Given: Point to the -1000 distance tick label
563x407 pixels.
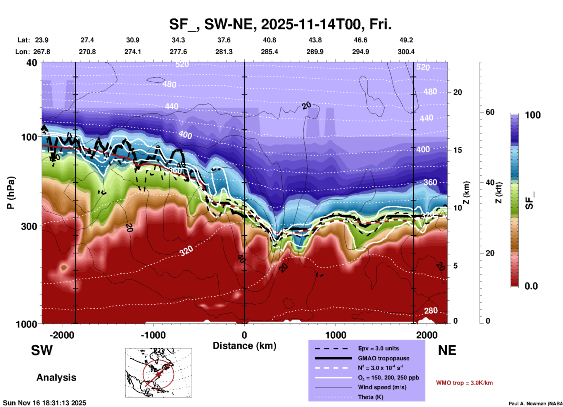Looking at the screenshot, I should pos(153,335).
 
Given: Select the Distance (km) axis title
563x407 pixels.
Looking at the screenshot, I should pos(244,346).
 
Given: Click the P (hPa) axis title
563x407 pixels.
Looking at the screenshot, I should pos(11,193).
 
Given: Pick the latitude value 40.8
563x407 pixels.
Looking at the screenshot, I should pos(269,40).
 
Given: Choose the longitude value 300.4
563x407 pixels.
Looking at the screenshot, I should pos(406,52).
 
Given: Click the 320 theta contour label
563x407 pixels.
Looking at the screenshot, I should pos(186,251).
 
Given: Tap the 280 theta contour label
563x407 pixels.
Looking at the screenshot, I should pos(431,311).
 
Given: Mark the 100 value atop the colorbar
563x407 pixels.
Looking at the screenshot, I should pos(533,115).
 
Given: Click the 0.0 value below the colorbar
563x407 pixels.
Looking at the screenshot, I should pos(531,286).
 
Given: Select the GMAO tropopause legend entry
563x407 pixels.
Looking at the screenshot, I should pos(384,358).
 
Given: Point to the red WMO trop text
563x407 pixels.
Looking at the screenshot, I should pos(464,383).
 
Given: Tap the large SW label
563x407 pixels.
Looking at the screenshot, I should pos(42,350).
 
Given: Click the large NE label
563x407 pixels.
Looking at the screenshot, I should pos(447,350).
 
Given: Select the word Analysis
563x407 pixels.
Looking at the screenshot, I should pos(56,378).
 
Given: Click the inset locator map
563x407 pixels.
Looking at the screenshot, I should pos(158,372).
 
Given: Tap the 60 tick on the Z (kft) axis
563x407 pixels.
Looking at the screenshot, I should pos(490,112).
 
